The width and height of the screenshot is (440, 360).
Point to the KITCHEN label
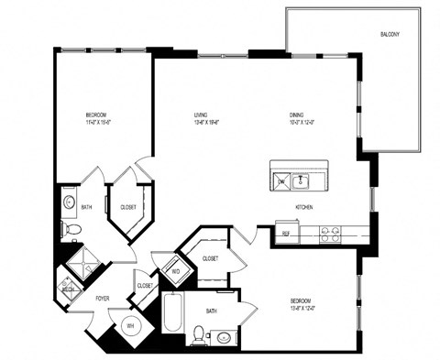[x=304, y=208]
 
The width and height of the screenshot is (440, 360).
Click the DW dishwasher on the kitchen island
[x=281, y=182]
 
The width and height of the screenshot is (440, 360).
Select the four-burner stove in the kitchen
[x=331, y=234]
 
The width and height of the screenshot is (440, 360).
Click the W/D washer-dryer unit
[x=175, y=272]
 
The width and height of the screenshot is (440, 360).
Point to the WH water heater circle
[x=129, y=325]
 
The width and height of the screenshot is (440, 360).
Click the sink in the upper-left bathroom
[x=69, y=202]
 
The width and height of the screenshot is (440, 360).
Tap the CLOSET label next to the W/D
[x=210, y=258]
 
